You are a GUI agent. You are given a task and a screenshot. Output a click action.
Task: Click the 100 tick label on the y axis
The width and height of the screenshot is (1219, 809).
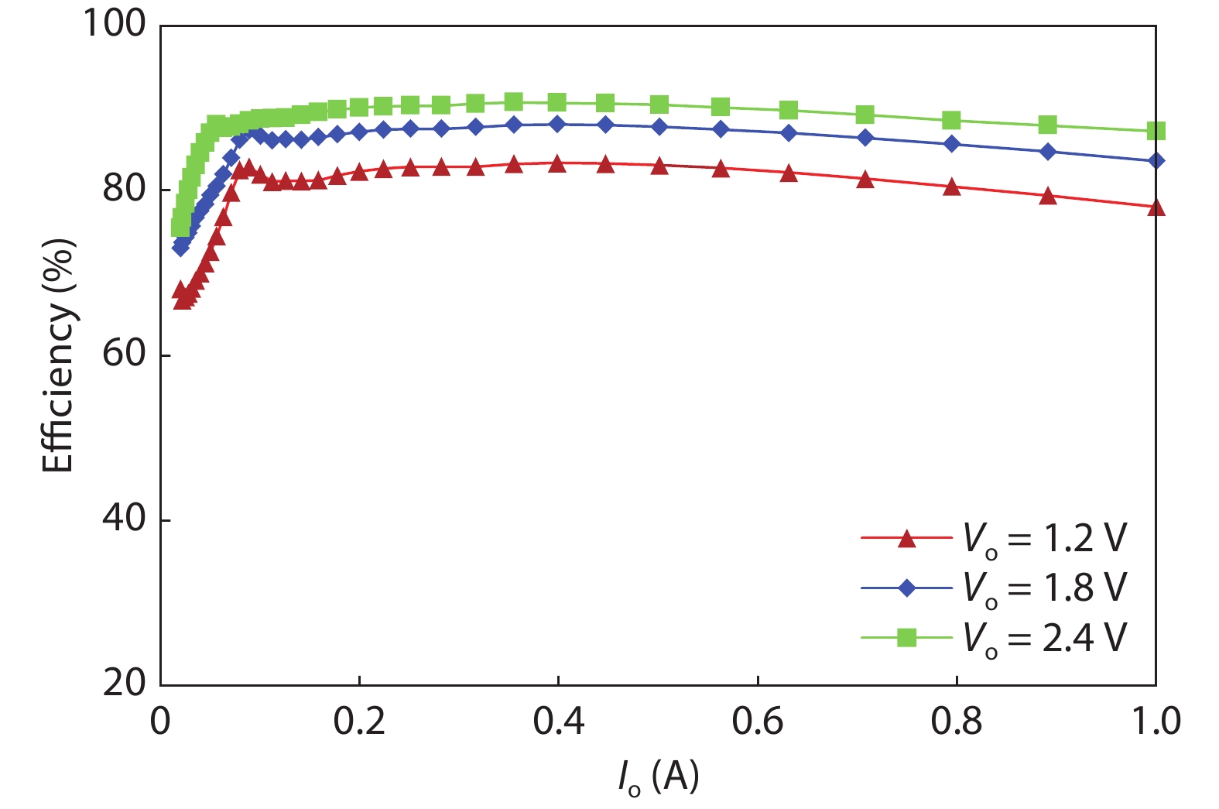tap(114, 24)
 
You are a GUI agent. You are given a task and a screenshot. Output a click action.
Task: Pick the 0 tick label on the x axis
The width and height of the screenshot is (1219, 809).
tap(160, 722)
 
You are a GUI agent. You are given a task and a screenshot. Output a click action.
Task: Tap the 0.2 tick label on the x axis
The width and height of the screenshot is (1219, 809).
tap(359, 722)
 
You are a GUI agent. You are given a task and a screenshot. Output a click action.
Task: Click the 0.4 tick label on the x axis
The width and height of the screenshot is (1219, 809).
tap(558, 722)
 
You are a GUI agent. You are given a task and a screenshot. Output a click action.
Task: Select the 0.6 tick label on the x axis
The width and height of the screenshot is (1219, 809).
tap(758, 722)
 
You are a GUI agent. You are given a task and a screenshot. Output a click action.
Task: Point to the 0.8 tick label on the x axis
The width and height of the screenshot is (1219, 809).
tap(957, 722)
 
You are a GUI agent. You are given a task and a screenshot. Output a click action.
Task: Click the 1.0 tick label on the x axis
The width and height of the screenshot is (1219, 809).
tap(1156, 722)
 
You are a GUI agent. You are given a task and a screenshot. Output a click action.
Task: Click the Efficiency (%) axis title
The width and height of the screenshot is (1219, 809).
tap(59, 355)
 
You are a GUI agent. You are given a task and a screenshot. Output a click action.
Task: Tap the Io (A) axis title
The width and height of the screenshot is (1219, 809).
tap(658, 776)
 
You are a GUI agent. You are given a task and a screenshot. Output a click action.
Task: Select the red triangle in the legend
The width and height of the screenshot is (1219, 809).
tap(906, 539)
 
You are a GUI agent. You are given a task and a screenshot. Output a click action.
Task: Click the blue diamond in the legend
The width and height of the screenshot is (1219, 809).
tap(906, 588)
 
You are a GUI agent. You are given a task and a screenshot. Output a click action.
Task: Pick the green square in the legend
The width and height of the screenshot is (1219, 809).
tap(906, 638)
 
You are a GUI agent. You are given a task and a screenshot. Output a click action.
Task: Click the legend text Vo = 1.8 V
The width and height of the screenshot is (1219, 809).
tap(1045, 588)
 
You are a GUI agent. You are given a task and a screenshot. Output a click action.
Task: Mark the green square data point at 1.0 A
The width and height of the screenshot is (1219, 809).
tap(1156, 131)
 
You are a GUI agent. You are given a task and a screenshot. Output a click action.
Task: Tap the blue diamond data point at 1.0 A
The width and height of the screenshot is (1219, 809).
tap(1156, 160)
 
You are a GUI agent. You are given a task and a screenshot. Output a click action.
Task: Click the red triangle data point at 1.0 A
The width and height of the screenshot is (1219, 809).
tap(1156, 207)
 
